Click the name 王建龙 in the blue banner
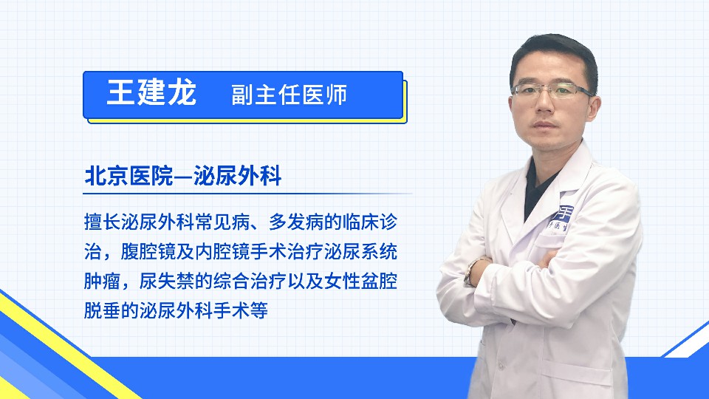point(151,93)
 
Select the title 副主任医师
point(290,95)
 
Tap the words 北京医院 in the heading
point(129,176)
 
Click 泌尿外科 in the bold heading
point(237,176)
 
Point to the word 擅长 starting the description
point(102,222)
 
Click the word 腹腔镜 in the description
point(148,251)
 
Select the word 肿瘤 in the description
point(102,281)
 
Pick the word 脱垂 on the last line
point(102,310)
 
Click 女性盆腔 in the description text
point(360,281)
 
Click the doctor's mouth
point(545,126)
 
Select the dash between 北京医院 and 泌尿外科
point(183,177)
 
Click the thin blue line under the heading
point(247,194)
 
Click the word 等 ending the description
point(259,310)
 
